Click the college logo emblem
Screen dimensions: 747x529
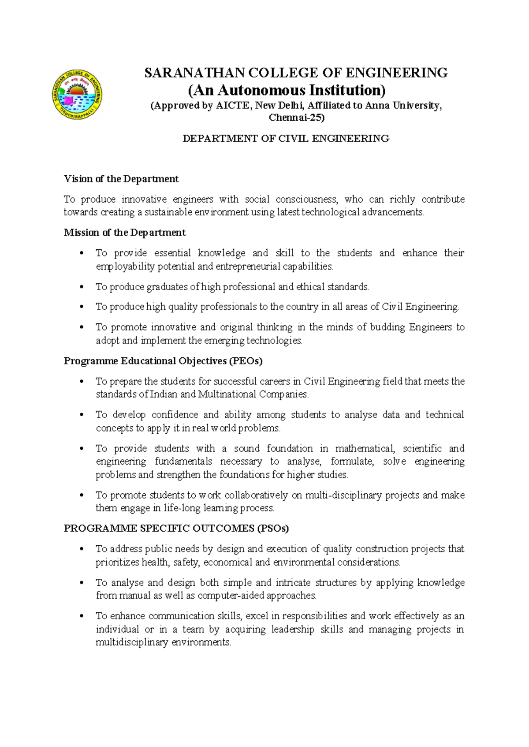[x=78, y=95]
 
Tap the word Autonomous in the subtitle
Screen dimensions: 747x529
[x=261, y=90]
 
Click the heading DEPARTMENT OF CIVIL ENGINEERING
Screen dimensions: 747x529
[x=286, y=139]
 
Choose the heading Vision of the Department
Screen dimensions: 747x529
[x=121, y=179]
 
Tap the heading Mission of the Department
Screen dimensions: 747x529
[x=125, y=233]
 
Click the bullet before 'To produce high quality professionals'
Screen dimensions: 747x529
[x=81, y=307]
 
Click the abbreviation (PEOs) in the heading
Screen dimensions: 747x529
[x=246, y=361]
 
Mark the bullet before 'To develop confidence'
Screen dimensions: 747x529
[x=81, y=415]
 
